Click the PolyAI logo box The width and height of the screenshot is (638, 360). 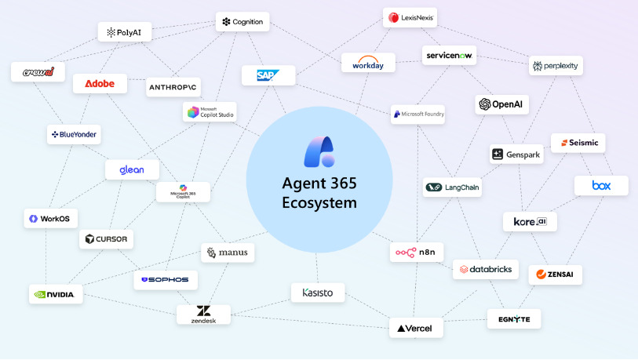click(x=125, y=32)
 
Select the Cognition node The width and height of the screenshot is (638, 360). click(x=242, y=22)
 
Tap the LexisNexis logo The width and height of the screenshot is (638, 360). click(x=410, y=17)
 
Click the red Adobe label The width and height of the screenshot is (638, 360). click(x=100, y=84)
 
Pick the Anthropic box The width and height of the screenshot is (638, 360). click(x=173, y=87)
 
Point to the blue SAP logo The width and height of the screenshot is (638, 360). click(x=268, y=75)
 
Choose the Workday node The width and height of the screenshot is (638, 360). click(x=368, y=63)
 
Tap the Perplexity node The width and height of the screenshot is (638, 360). click(x=556, y=66)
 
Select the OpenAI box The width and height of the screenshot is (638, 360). click(x=501, y=104)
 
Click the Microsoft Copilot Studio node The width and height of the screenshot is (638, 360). click(x=209, y=113)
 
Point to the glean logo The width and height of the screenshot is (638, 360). click(x=132, y=169)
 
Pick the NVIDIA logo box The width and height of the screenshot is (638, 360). click(x=55, y=295)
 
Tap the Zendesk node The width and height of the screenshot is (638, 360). click(x=203, y=315)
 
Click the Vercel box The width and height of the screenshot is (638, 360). click(x=416, y=328)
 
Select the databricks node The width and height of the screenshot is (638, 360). click(x=485, y=270)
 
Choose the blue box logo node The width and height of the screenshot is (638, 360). click(x=601, y=186)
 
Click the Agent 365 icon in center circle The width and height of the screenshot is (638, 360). click(x=319, y=151)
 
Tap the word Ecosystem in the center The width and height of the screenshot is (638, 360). click(x=319, y=203)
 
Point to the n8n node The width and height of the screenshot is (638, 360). click(x=417, y=253)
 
